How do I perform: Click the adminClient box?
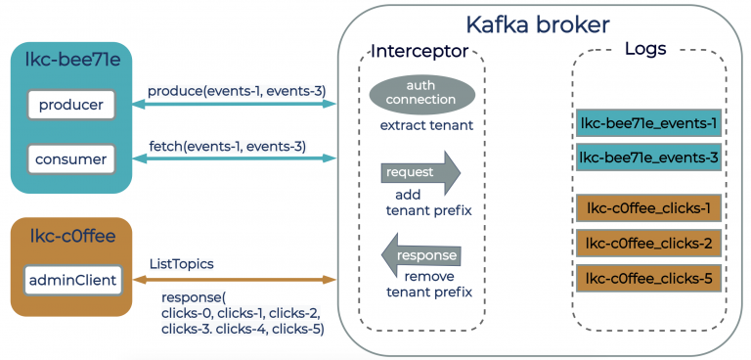[x=71, y=281]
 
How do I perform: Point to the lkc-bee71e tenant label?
[x=69, y=63]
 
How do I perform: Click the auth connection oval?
[x=421, y=93]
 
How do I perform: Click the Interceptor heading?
[x=420, y=51]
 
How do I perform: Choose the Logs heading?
[x=648, y=49]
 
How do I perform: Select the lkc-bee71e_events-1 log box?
[x=648, y=123]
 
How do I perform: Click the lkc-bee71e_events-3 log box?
[x=648, y=157]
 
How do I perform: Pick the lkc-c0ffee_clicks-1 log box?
[x=648, y=207]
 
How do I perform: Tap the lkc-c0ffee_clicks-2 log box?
[x=648, y=243]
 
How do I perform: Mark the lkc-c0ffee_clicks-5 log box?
[x=648, y=278]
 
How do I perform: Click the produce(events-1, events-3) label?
[x=237, y=91]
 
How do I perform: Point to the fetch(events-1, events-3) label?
[x=227, y=147]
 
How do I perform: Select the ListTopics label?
[x=183, y=264]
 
